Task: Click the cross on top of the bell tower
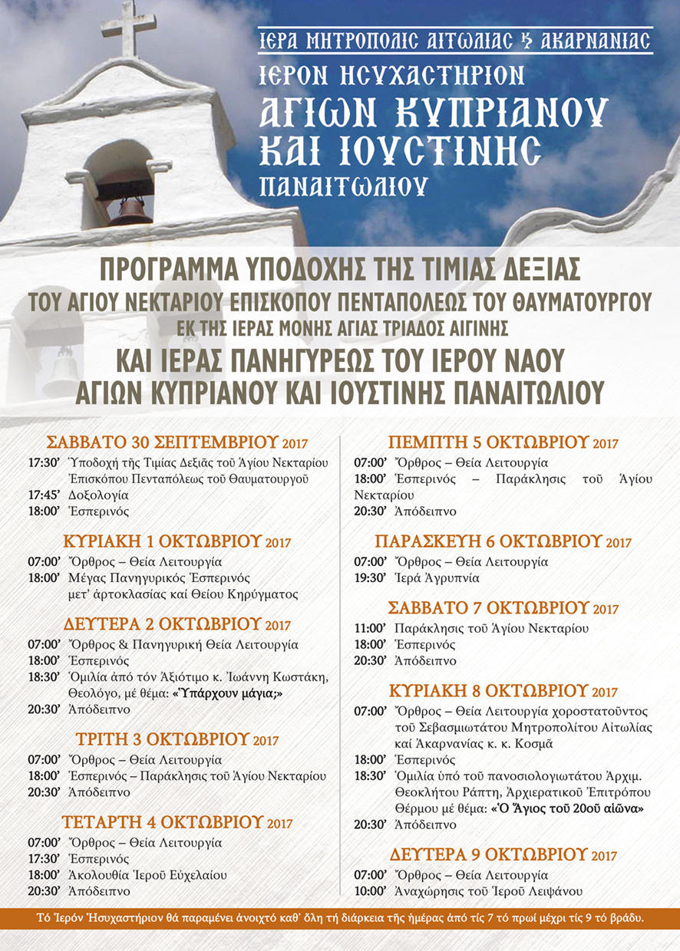click(x=128, y=30)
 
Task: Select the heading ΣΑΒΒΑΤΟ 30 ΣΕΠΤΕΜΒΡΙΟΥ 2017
click(x=177, y=443)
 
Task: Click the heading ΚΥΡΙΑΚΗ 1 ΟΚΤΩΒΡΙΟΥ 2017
click(x=177, y=541)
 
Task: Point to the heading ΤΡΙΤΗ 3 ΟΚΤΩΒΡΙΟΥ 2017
click(x=177, y=740)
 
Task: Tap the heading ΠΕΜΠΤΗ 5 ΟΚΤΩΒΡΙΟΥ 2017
click(x=503, y=443)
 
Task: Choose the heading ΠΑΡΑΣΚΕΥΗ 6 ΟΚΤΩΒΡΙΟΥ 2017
click(x=503, y=542)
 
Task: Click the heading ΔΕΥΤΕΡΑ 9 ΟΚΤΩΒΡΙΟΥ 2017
click(x=503, y=854)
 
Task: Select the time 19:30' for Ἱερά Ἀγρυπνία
click(x=369, y=578)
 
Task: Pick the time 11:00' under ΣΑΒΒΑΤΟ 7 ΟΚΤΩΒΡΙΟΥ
click(x=369, y=628)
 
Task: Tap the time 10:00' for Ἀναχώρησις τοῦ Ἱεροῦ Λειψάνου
click(x=369, y=891)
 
